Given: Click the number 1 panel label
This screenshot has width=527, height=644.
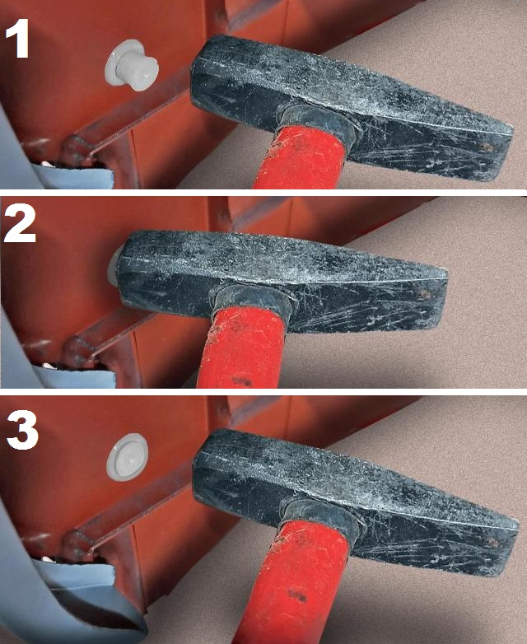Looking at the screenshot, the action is coord(17,38).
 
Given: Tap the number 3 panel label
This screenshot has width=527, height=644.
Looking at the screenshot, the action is coord(22,430).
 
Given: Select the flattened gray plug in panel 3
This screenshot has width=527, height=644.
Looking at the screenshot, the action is coord(127,457).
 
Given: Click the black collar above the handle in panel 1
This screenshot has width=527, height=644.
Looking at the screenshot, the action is coord(317,123).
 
